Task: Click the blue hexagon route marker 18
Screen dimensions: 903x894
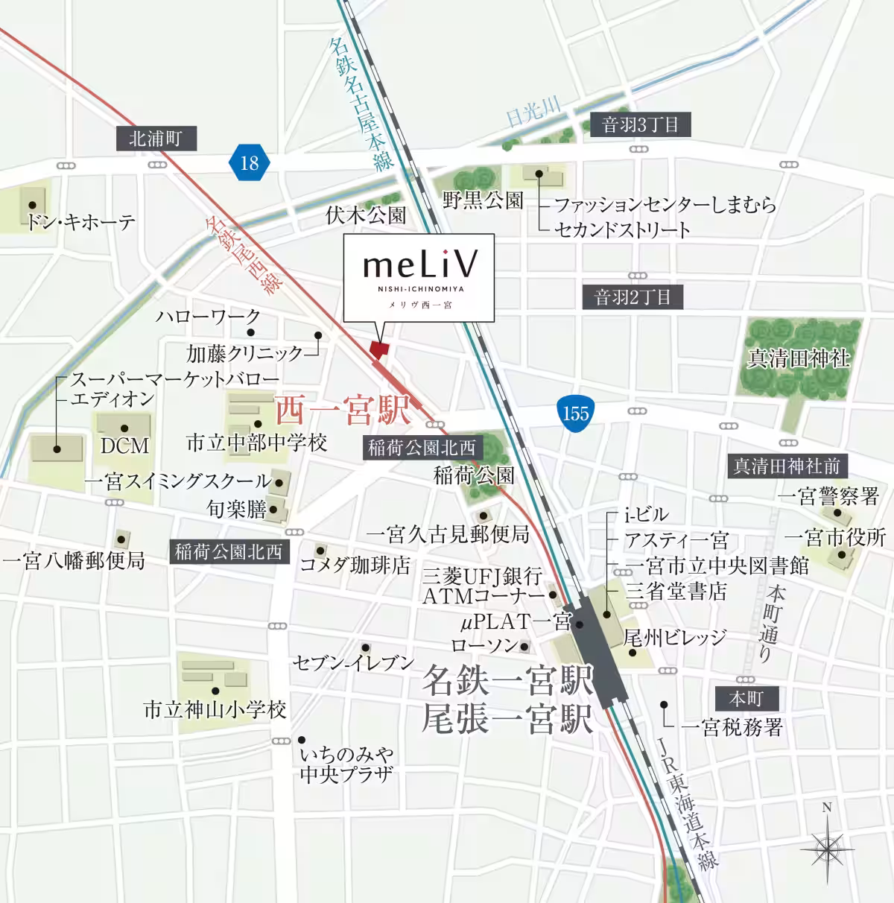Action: [x=249, y=161]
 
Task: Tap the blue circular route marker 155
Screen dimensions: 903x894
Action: [x=575, y=413]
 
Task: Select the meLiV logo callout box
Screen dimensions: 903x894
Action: [x=419, y=277]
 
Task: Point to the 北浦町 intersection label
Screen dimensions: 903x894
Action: [x=155, y=139]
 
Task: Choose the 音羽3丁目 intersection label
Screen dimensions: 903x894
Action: [x=641, y=124]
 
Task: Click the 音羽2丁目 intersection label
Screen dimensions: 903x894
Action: [x=633, y=298]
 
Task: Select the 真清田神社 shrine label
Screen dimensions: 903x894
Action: [x=798, y=359]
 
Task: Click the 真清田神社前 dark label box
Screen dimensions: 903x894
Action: [x=787, y=466]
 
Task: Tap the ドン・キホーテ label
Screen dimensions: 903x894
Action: [x=80, y=221]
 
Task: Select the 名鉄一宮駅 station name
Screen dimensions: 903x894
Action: [x=507, y=679]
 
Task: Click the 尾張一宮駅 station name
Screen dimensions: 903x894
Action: [x=507, y=719]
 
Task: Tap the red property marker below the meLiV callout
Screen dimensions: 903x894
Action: [x=380, y=348]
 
